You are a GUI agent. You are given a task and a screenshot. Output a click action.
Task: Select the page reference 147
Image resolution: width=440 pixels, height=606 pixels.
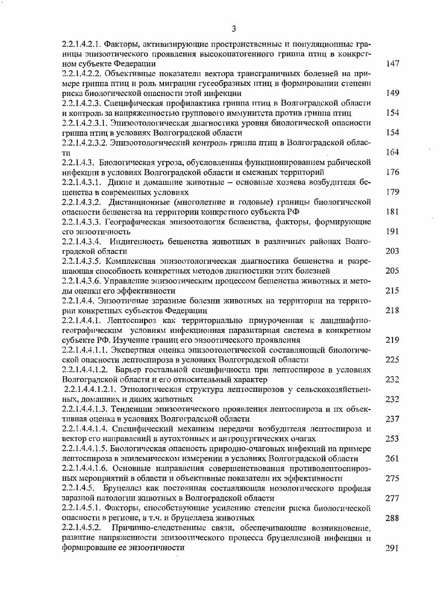click(x=393, y=63)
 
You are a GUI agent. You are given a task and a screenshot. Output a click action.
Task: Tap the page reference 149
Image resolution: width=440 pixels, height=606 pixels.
click(x=393, y=93)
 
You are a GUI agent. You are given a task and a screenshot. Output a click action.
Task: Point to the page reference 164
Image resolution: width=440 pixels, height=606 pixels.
click(x=393, y=152)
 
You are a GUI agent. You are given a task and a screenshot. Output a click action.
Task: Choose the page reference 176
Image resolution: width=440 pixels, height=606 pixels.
click(x=393, y=172)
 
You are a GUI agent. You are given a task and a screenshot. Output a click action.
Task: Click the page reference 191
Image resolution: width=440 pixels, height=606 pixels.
click(x=393, y=232)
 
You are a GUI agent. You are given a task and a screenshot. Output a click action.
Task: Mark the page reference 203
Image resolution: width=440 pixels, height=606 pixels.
click(x=393, y=252)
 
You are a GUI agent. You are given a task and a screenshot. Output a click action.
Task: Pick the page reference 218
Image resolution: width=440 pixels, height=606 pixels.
click(x=393, y=311)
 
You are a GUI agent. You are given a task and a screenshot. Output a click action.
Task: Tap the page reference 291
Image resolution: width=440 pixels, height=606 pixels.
click(x=393, y=548)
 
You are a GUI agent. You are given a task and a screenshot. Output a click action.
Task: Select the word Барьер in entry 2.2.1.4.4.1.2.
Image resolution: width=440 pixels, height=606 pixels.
click(x=128, y=370)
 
